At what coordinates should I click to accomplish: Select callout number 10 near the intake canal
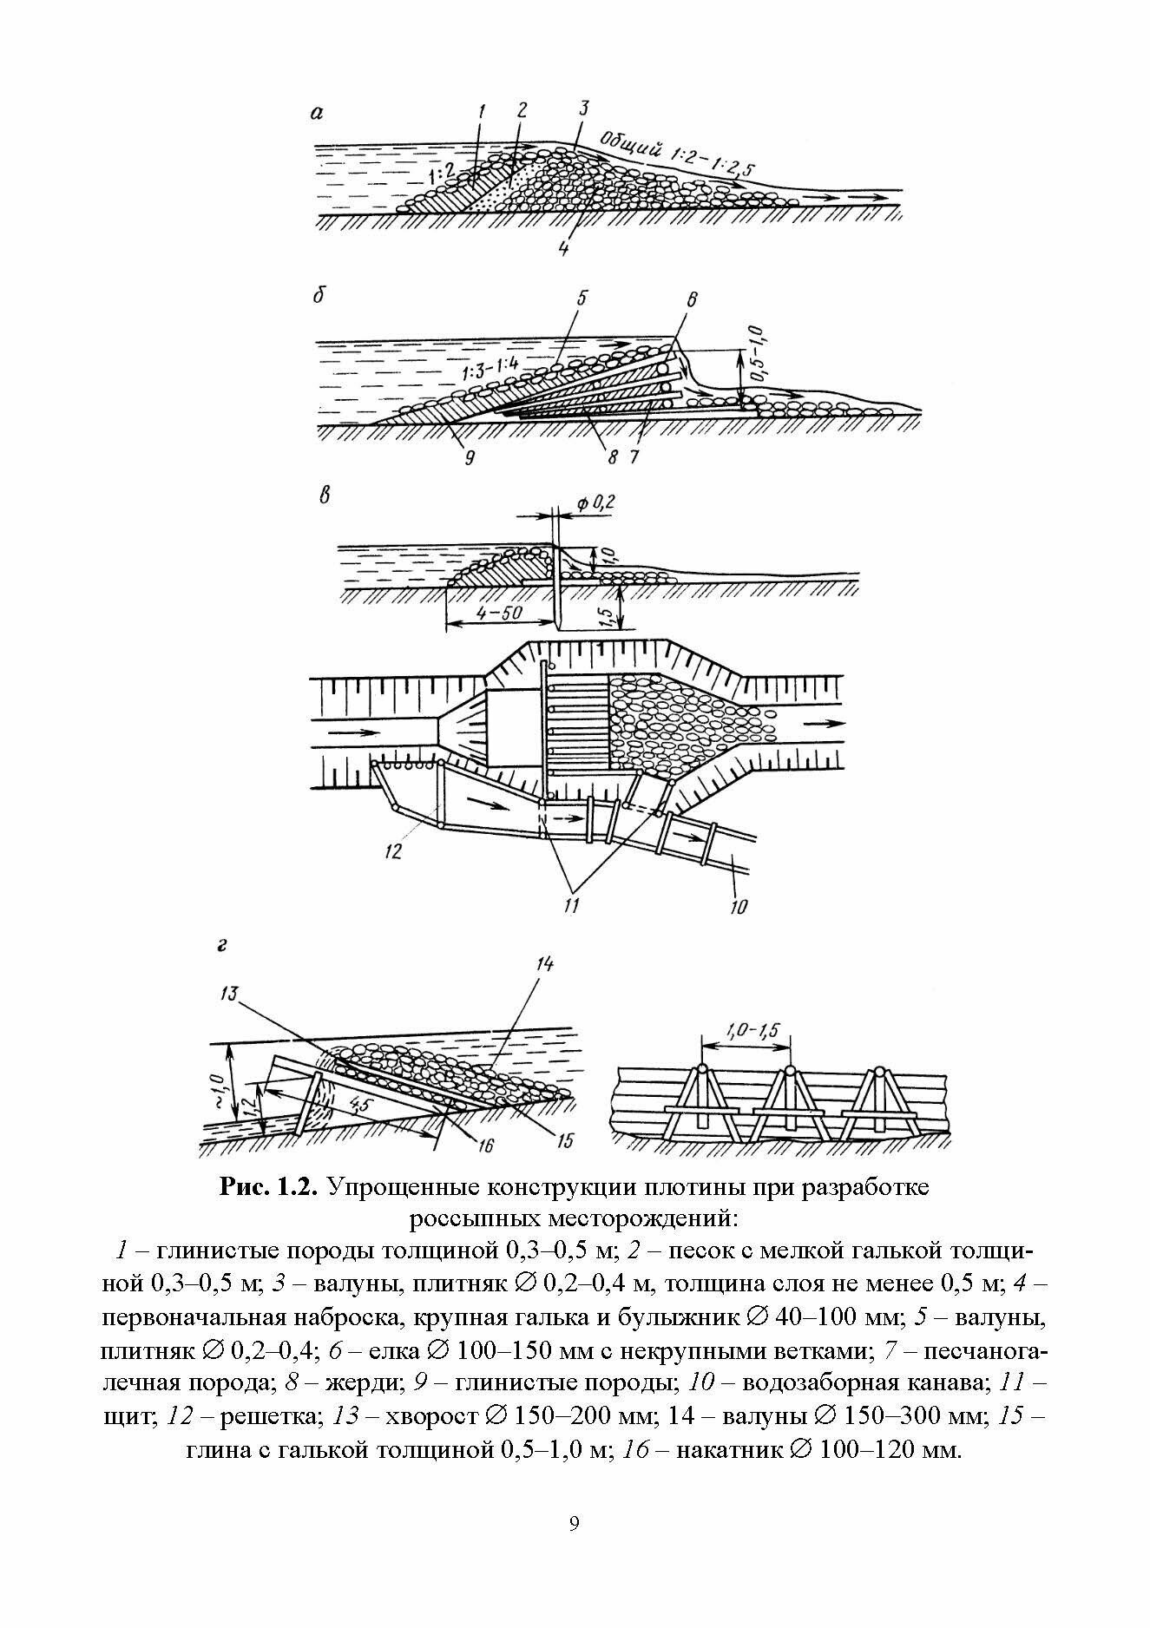coord(738,908)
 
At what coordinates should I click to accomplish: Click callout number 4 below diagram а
coord(563,247)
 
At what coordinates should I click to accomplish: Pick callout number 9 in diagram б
coord(468,458)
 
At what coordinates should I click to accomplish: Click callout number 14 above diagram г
coord(545,964)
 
